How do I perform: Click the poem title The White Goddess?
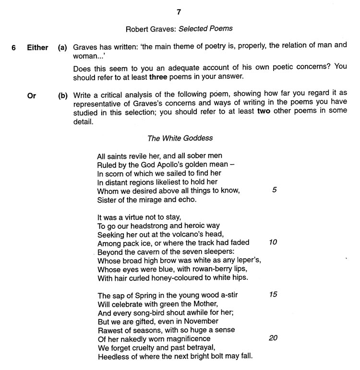point(180,138)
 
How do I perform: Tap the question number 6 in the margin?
point(14,48)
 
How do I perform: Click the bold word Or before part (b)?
point(32,95)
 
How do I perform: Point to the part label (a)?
point(62,48)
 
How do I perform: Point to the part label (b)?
point(62,95)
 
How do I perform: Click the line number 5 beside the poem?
point(274,190)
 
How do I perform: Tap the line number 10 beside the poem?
point(273,242)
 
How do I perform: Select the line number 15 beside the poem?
point(273,294)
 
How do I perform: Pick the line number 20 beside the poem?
point(273,338)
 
